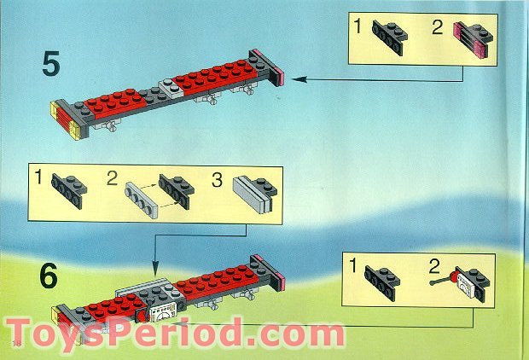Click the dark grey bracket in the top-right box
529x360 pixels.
click(388, 33)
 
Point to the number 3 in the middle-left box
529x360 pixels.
click(216, 181)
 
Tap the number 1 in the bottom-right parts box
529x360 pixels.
click(353, 267)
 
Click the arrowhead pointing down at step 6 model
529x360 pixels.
click(154, 266)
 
